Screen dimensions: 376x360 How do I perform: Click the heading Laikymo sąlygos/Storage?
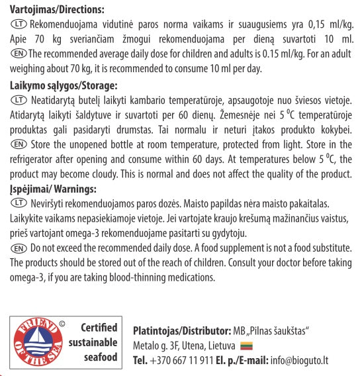pyautogui.click(x=64, y=85)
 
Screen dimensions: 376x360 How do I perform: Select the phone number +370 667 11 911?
pyautogui.click(x=183, y=361)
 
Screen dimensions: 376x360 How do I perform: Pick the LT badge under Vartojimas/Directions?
pyautogui.click(x=18, y=23)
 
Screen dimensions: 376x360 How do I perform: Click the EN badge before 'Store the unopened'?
pyautogui.click(x=18, y=144)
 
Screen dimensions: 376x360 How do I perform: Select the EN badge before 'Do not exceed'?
pyautogui.click(x=18, y=248)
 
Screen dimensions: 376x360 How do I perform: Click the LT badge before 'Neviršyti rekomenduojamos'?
pyautogui.click(x=18, y=203)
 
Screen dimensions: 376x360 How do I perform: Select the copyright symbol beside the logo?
pyautogui.click(x=62, y=324)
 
